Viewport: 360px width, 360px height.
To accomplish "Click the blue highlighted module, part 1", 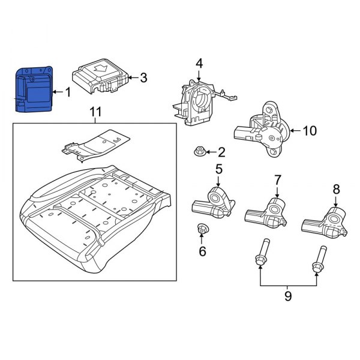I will tap(34, 91).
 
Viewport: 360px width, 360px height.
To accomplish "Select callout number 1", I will tap(67, 92).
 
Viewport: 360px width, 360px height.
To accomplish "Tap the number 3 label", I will tap(143, 77).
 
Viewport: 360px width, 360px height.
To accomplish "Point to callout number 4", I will tap(199, 64).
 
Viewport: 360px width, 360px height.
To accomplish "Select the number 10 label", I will tap(309, 130).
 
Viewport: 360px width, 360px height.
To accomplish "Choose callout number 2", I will tap(222, 152).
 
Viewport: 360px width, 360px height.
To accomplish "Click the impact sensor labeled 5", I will tap(213, 204).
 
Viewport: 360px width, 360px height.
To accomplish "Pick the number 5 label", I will tap(219, 169).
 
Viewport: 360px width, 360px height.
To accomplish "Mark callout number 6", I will tap(202, 251).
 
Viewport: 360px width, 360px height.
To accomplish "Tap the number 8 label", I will tap(336, 189).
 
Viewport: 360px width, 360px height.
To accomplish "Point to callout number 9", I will tap(288, 296).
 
